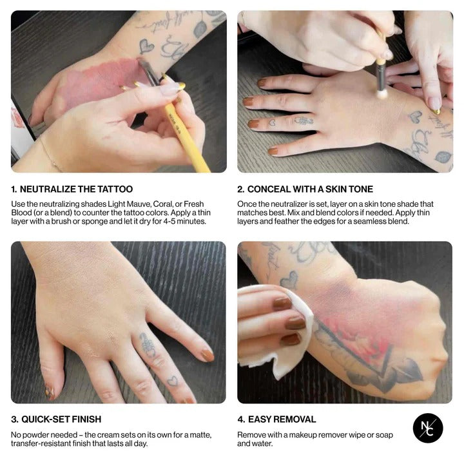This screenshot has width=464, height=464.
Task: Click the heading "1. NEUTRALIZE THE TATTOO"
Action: coord(72,189)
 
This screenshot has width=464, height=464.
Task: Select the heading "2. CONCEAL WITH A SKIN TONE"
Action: coord(305,189)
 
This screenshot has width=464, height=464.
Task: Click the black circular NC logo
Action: coord(429,429)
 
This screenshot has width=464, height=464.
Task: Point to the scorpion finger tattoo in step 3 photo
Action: coord(148,345)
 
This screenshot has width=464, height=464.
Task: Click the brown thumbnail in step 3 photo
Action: coord(207,355)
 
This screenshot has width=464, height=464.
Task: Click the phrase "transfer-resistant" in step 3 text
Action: coord(42,443)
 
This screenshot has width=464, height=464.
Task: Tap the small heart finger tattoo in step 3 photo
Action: coord(173,381)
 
